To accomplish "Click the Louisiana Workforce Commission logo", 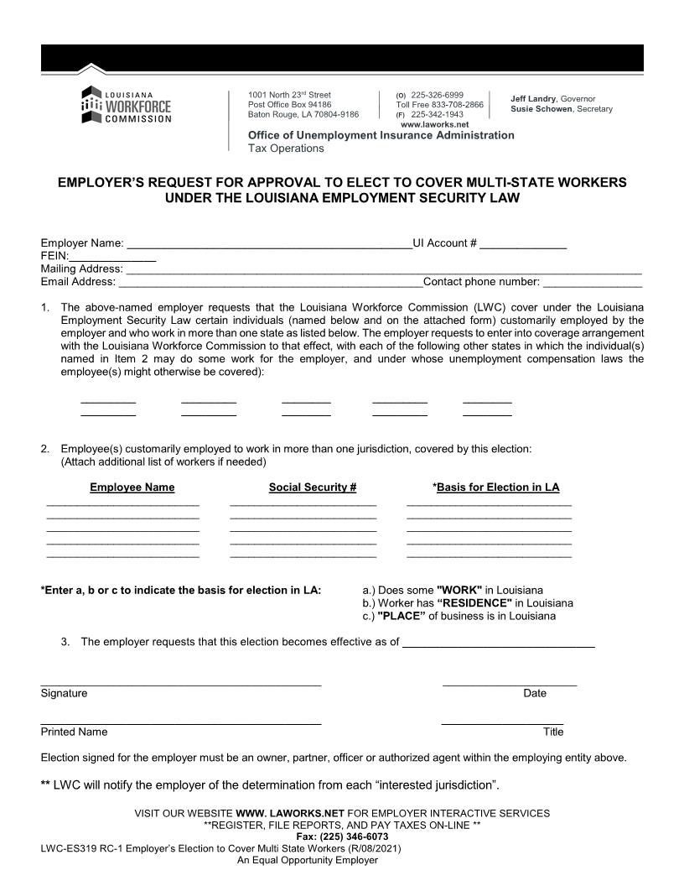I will tap(126, 105).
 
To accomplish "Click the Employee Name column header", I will tap(132, 487).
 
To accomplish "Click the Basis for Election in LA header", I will tap(496, 487).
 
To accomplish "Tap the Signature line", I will tap(180, 684).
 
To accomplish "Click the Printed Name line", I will tap(180, 722).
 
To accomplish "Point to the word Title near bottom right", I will tap(553, 732).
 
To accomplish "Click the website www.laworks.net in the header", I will tap(434, 124).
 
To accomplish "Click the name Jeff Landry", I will tap(533, 99).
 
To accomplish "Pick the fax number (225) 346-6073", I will tap(342, 836).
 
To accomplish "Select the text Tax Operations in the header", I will tap(286, 149).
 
